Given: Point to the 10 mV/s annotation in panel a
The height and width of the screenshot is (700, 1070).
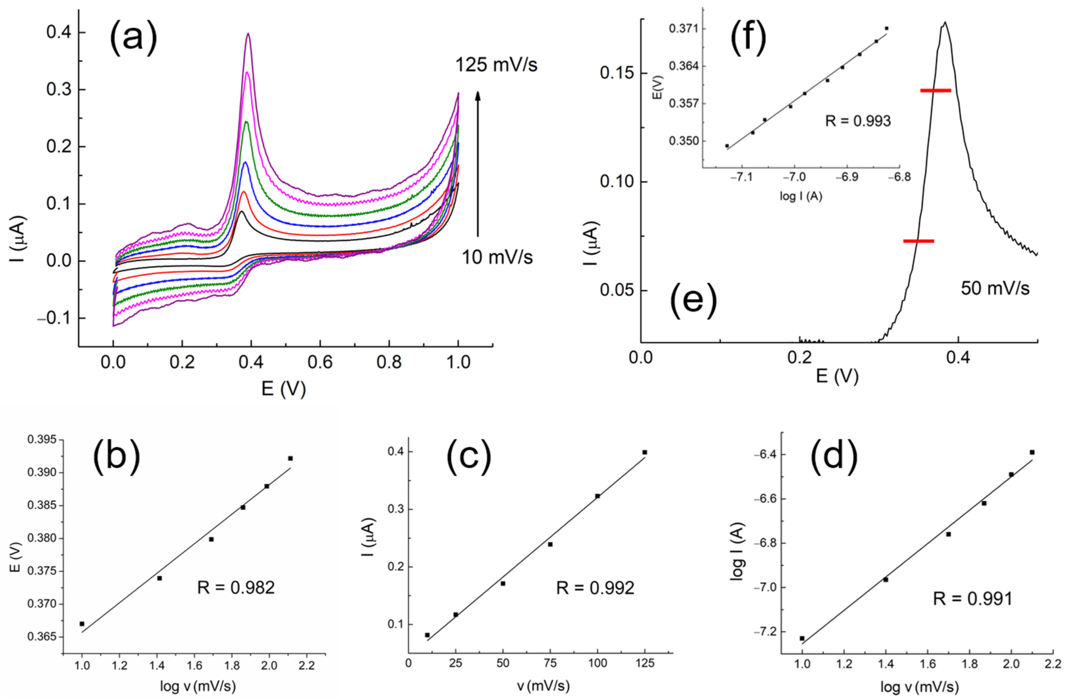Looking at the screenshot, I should tap(497, 257).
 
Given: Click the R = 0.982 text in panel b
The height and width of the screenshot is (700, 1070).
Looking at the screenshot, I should tap(236, 588).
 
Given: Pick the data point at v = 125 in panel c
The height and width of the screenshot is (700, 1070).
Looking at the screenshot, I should tap(645, 452).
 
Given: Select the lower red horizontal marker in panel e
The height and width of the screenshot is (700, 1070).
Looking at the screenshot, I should tap(918, 241).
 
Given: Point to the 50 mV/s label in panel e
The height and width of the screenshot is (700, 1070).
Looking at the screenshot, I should tap(995, 288).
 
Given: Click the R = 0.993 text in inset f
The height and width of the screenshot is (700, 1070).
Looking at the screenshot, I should tap(858, 121).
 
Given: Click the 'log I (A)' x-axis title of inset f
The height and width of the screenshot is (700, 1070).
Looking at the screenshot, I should tap(801, 197).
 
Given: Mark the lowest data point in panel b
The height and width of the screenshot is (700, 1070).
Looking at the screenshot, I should tap(82, 624).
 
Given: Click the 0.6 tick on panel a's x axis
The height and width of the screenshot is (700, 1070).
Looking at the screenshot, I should tap(320, 362).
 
